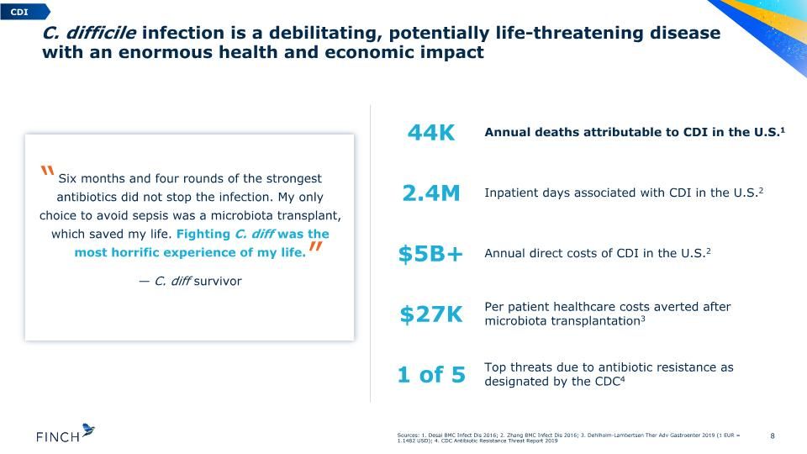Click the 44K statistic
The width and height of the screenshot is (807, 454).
[431, 133]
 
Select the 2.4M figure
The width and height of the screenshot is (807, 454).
[431, 193]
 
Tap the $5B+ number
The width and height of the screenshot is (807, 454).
[430, 254]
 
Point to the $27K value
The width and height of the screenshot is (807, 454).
[431, 314]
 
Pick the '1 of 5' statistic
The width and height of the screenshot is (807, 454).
[431, 375]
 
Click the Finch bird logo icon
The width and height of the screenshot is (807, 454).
[88, 430]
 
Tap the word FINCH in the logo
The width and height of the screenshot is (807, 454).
[58, 437]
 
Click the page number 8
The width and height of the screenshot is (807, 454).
[772, 436]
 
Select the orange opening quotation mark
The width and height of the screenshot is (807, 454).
[47, 172]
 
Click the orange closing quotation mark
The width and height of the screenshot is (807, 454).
[315, 247]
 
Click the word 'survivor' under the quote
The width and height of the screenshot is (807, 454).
[218, 281]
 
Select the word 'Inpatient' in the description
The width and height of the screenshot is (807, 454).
[509, 193]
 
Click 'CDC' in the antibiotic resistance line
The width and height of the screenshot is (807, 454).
[607, 382]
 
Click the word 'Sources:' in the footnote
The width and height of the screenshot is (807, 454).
[409, 436]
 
